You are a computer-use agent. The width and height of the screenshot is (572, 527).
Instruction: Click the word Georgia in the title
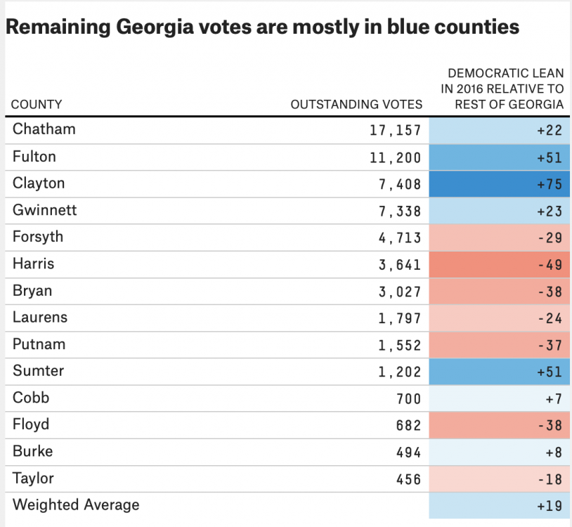pyautogui.click(x=155, y=27)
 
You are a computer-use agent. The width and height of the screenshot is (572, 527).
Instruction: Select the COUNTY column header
pyautogui.click(x=37, y=105)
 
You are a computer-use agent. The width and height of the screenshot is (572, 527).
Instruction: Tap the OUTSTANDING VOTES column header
pyautogui.click(x=356, y=105)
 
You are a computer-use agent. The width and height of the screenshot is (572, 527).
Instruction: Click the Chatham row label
pyautogui.click(x=44, y=129)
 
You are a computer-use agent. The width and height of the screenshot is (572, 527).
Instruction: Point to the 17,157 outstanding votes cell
pyautogui.click(x=396, y=131)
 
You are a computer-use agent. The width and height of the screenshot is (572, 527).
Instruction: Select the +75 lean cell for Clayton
pyautogui.click(x=500, y=184)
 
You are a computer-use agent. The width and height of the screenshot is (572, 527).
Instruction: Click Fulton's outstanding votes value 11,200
pyautogui.click(x=396, y=157)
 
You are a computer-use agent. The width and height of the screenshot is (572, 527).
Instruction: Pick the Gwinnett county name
pyautogui.click(x=45, y=210)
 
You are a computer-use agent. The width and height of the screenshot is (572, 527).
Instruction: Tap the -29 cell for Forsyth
pyautogui.click(x=500, y=238)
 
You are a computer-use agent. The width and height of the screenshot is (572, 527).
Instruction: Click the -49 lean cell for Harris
pyautogui.click(x=500, y=265)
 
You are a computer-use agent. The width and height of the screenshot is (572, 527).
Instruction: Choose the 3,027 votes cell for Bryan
pyautogui.click(x=400, y=292)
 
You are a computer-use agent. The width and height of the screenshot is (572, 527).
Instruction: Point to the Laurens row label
pyautogui.click(x=40, y=318)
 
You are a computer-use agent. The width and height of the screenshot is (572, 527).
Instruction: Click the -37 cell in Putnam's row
pyautogui.click(x=500, y=345)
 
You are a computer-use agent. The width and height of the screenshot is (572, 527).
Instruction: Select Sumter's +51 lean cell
pyautogui.click(x=500, y=372)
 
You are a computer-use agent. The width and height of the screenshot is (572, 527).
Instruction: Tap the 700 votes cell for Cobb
pyautogui.click(x=408, y=399)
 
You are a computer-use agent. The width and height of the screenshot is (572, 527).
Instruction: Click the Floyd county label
pyautogui.click(x=31, y=424)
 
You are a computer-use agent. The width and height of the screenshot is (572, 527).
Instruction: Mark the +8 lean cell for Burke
pyautogui.click(x=500, y=453)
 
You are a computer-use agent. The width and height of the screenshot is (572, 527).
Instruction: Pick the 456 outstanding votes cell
pyautogui.click(x=408, y=479)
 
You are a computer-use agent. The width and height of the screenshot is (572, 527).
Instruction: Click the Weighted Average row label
pyautogui.click(x=76, y=505)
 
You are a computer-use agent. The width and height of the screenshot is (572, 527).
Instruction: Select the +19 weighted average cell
pyautogui.click(x=500, y=505)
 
